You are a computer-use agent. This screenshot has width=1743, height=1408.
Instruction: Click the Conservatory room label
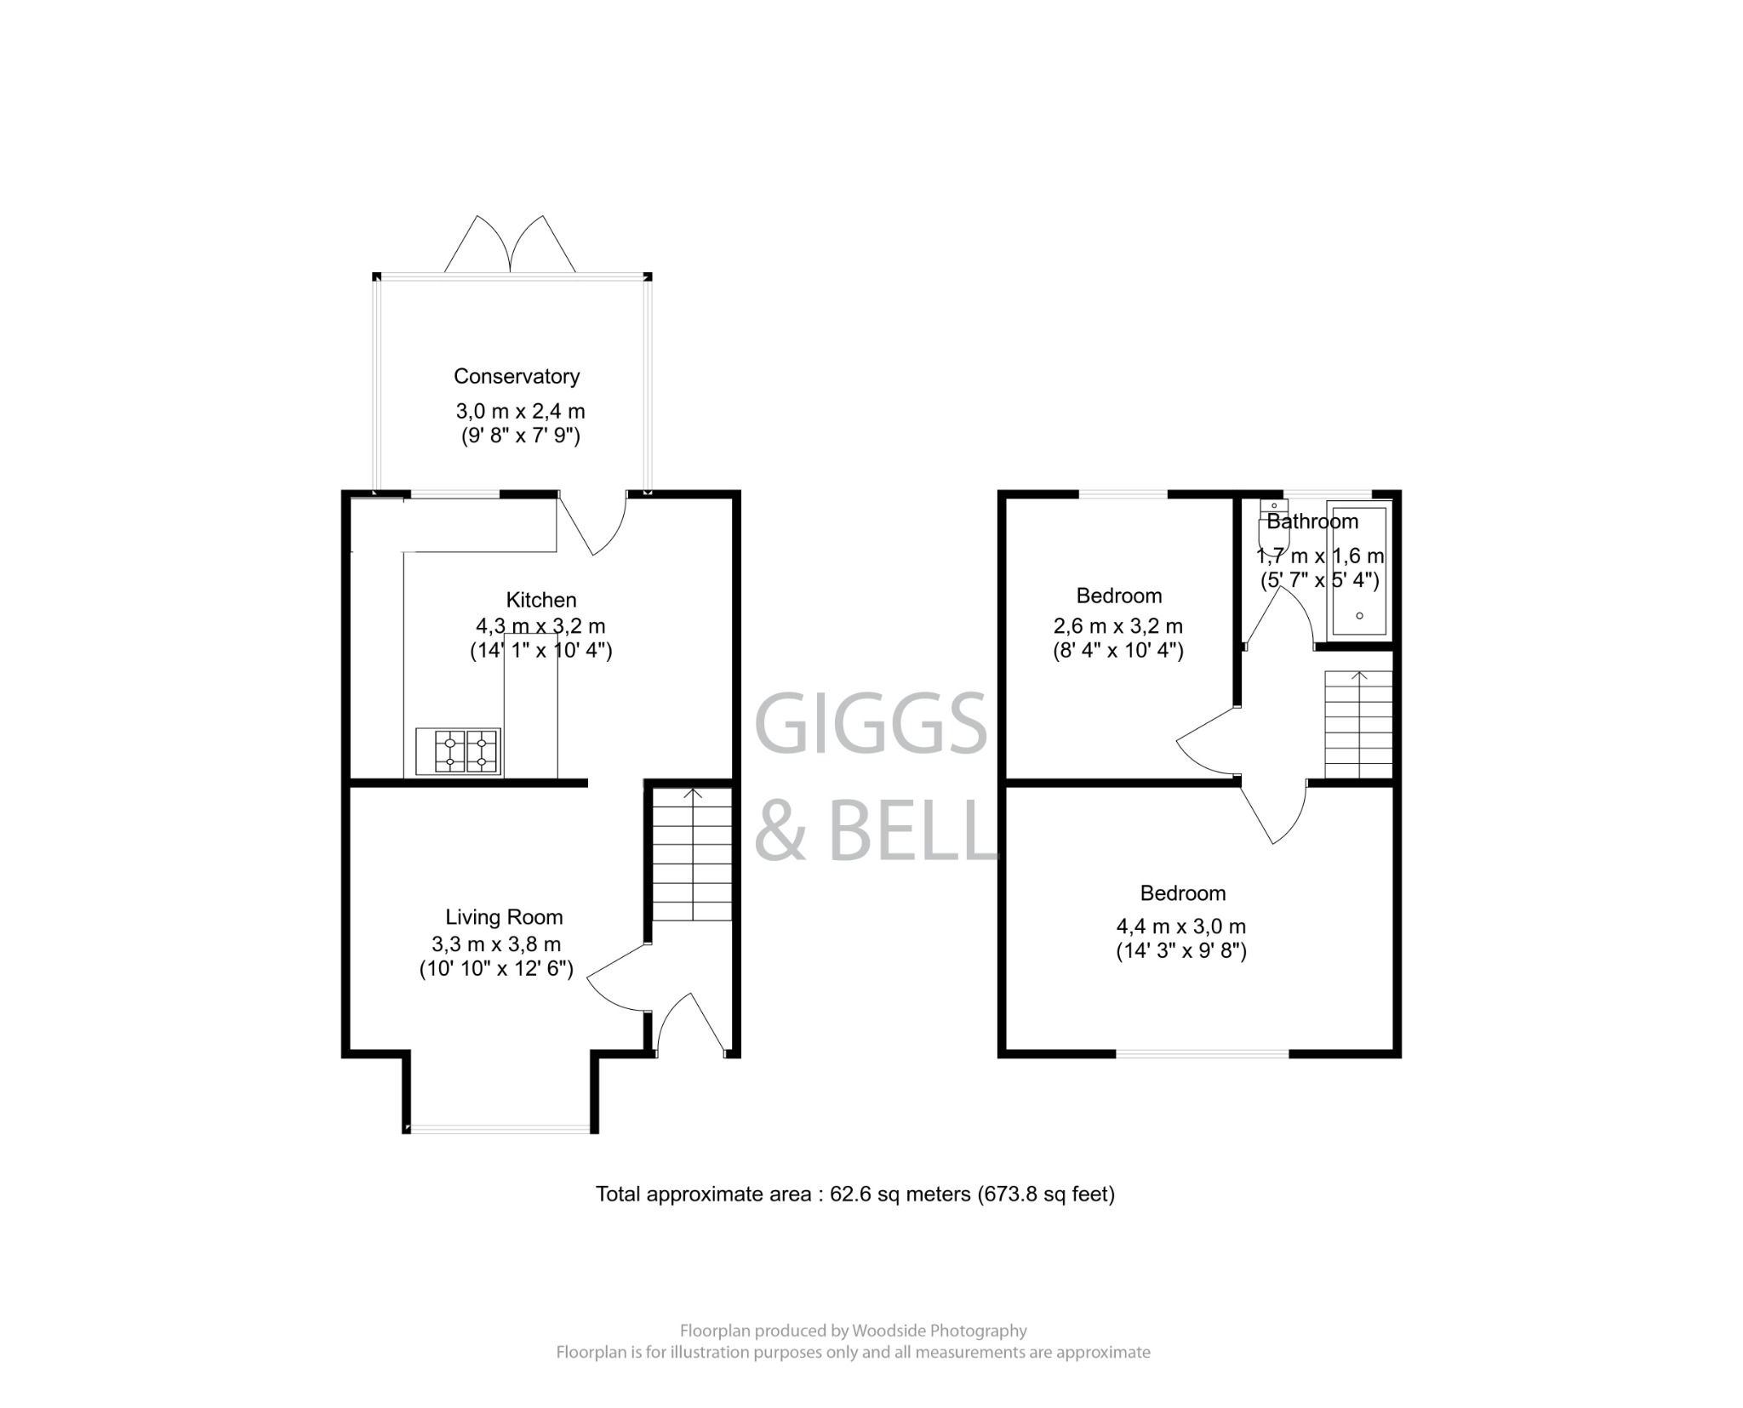516,376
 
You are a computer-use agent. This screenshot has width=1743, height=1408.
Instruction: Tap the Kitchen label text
541,600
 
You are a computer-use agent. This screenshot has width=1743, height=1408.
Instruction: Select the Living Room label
504,917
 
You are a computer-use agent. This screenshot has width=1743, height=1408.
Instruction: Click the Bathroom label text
1312,522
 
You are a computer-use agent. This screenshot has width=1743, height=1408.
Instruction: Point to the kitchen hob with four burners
458,751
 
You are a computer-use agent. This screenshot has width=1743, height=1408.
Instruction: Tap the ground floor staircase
693,854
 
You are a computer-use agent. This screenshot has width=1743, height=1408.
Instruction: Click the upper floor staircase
1358,724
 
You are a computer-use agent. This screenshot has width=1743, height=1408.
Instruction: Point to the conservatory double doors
510,247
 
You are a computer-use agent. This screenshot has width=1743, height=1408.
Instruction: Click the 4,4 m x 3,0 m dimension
1181,926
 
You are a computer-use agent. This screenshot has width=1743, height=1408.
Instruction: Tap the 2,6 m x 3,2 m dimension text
1117,626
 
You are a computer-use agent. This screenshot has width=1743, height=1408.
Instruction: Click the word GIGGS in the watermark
870,724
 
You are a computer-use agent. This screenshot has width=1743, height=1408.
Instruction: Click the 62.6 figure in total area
846,1194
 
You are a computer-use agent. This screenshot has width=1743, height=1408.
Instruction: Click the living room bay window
500,1129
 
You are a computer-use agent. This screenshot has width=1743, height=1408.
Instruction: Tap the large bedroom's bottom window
1202,1053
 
